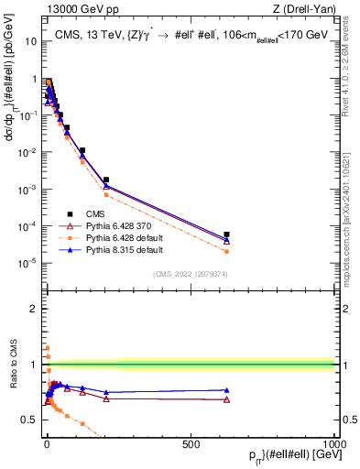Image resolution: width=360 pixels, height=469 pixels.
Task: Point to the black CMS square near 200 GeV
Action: point(106,180)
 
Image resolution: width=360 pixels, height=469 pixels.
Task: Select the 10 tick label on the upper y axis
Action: point(32,41)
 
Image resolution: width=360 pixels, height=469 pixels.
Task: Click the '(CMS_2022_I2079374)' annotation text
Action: point(190,273)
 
